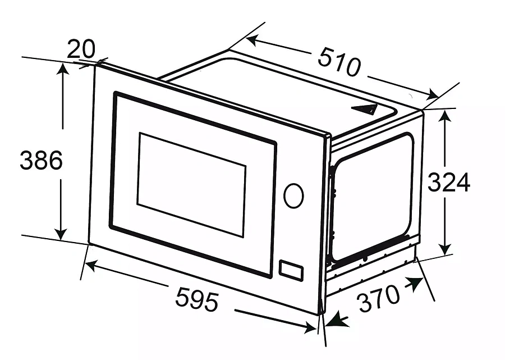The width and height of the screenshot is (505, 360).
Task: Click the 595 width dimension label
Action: click(x=196, y=299)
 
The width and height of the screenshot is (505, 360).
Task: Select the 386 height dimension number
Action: click(x=41, y=161)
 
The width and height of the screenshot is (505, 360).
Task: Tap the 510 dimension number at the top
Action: click(x=339, y=62)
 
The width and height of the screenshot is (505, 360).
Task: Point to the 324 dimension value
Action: click(x=448, y=183)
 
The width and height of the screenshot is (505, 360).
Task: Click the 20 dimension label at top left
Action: click(x=81, y=50)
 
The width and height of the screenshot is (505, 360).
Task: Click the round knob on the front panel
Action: click(x=293, y=195)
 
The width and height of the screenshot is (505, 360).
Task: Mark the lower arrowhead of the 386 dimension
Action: click(x=62, y=234)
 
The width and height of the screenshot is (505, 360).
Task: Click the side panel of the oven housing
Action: click(x=373, y=197)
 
